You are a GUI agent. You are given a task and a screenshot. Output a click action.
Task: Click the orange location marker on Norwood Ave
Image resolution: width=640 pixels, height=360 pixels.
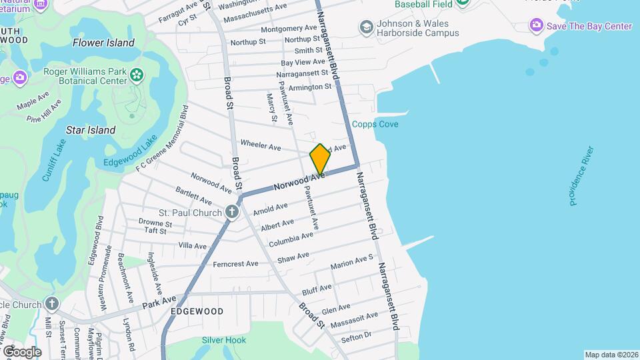[x=320, y=159]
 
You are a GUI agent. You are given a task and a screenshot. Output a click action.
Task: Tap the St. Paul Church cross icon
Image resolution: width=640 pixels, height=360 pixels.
[x=231, y=213]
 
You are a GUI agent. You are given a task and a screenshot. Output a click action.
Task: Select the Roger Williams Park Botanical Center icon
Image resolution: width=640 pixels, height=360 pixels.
[x=137, y=73]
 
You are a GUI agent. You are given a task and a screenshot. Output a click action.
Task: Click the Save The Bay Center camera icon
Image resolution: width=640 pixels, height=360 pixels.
[x=536, y=26]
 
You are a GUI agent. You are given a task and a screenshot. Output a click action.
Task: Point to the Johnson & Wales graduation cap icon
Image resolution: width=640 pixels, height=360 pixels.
[x=366, y=27]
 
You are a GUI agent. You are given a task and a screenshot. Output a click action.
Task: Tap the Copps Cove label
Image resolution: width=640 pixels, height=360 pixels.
[x=375, y=124]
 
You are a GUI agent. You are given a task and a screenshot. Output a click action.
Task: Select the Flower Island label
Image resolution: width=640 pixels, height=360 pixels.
[x=103, y=43]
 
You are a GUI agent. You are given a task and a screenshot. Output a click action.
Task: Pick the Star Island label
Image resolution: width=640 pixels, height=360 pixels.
[x=91, y=130]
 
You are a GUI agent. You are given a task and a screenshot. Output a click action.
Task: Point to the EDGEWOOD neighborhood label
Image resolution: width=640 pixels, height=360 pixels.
[x=197, y=311]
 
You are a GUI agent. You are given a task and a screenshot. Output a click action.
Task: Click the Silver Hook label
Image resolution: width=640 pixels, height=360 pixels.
[x=224, y=340]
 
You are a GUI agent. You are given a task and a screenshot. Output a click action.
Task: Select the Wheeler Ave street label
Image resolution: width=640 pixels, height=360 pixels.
[x=261, y=145]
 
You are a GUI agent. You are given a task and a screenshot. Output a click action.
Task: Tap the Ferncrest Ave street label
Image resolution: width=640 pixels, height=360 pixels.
[x=235, y=264]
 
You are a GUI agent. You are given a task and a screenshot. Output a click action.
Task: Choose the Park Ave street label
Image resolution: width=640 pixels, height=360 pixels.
[x=159, y=303]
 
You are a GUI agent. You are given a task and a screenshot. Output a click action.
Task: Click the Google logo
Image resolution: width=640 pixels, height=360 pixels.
[x=22, y=351]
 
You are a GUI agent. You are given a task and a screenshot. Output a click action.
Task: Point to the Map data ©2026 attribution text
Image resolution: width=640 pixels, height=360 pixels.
[x=611, y=355]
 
